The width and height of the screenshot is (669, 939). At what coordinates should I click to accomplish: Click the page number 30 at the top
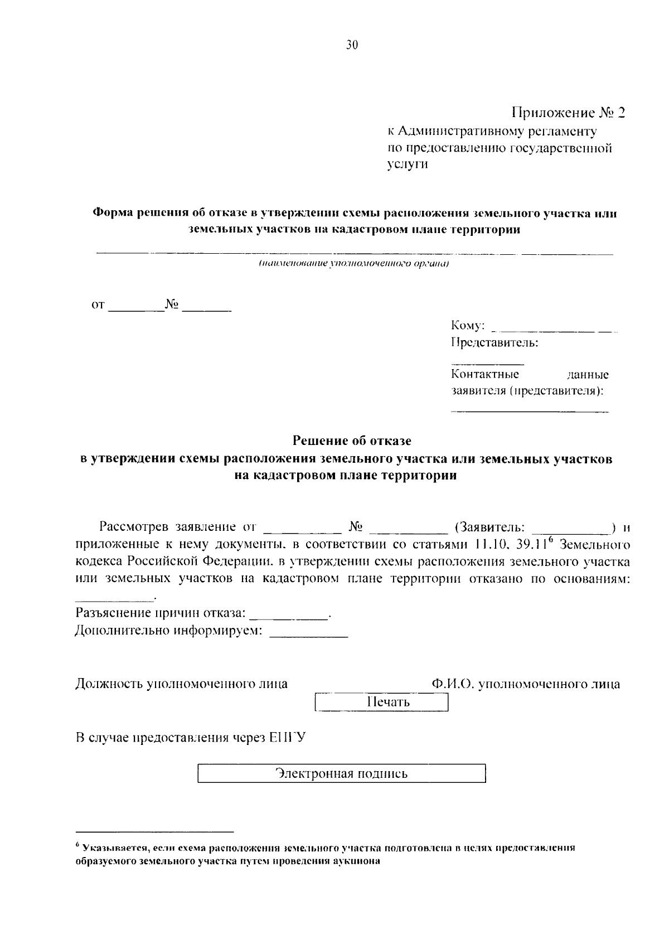pos(351,46)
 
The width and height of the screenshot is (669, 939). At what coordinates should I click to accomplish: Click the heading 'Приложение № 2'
pos(568,113)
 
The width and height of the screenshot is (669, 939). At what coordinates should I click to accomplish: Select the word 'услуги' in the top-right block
pos(408,164)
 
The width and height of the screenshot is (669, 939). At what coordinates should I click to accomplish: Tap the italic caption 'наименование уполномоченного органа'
pos(353,264)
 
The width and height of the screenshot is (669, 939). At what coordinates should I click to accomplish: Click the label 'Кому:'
pos(468,326)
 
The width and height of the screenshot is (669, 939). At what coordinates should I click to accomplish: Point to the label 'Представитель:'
pos(495,342)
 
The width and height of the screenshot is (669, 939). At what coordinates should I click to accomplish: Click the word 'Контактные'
pos(485,374)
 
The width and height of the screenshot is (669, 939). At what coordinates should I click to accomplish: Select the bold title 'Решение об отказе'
pos(352,441)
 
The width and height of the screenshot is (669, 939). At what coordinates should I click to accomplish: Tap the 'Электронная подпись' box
pos(342,774)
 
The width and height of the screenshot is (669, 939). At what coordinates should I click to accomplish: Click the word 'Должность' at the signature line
pos(109,684)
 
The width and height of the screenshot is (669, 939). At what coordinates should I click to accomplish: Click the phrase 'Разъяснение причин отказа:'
pos(161,613)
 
